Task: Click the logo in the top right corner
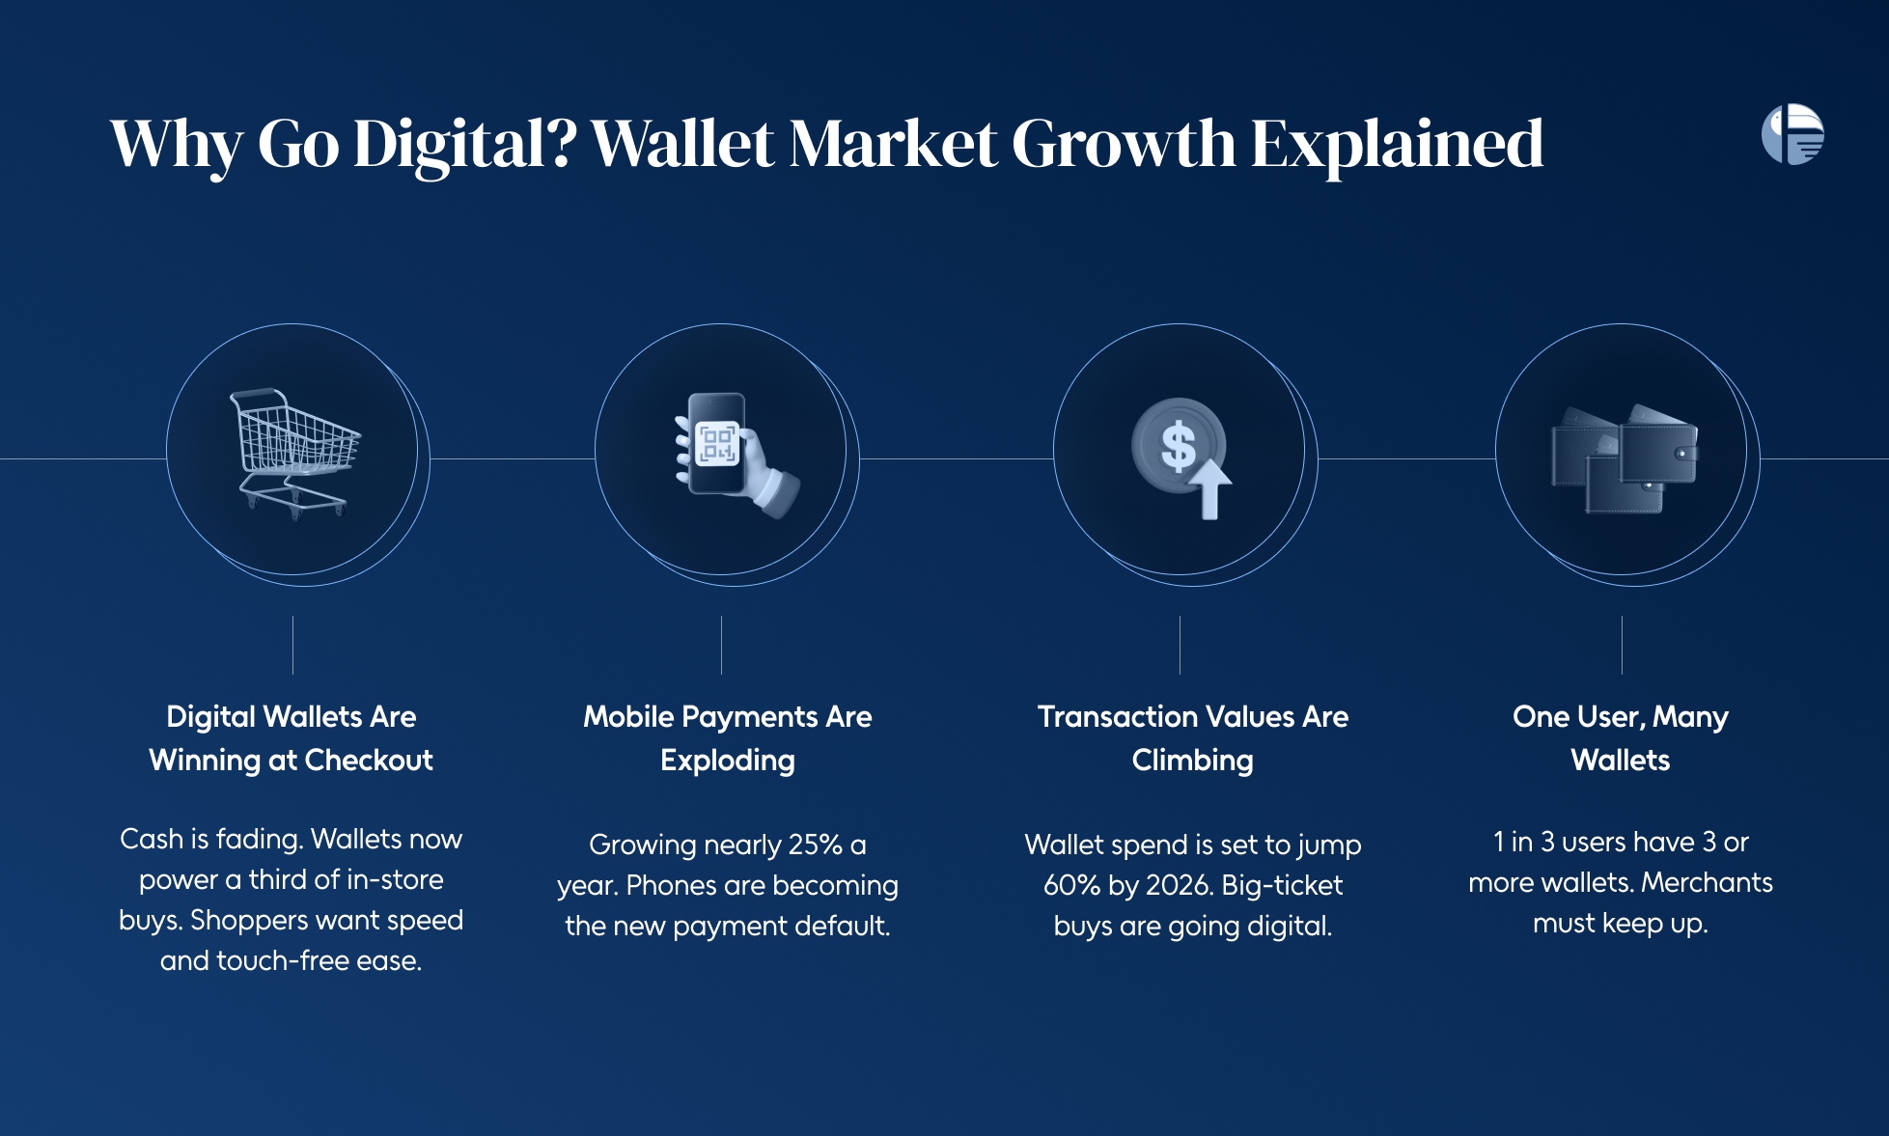pyautogui.click(x=1792, y=134)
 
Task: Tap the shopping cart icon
pyautogui.click(x=295, y=453)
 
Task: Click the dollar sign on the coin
pyautogui.click(x=1178, y=446)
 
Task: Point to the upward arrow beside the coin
pyautogui.click(x=1209, y=489)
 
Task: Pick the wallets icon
pyautogui.click(x=1625, y=458)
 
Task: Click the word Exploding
pyautogui.click(x=728, y=761)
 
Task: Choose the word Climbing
pyautogui.click(x=1193, y=761)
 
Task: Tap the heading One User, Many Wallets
pyautogui.click(x=1621, y=738)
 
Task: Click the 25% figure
pyautogui.click(x=816, y=845)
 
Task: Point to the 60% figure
pyautogui.click(x=1071, y=885)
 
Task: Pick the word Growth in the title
pyautogui.click(x=1125, y=144)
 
